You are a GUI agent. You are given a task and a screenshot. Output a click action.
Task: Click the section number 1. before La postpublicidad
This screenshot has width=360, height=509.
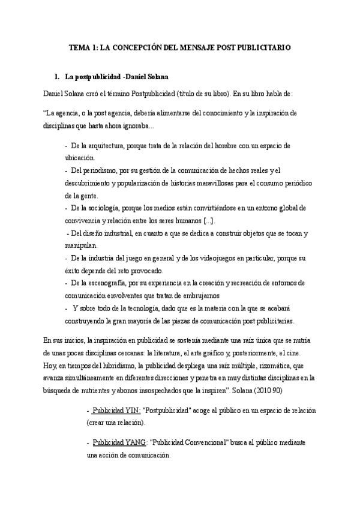(x=57, y=77)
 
